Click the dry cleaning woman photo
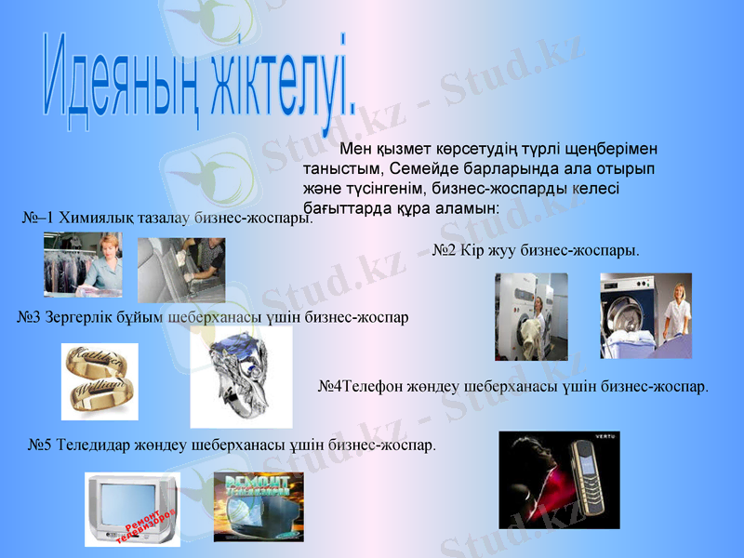coord(83,264)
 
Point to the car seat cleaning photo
coord(180,271)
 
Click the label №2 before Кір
coord(445,250)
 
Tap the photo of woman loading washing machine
coord(531,316)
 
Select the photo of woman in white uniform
coord(645,315)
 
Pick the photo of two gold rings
coord(100,381)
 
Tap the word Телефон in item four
coord(376,385)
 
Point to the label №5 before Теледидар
coord(39,445)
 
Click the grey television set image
coord(132,509)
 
